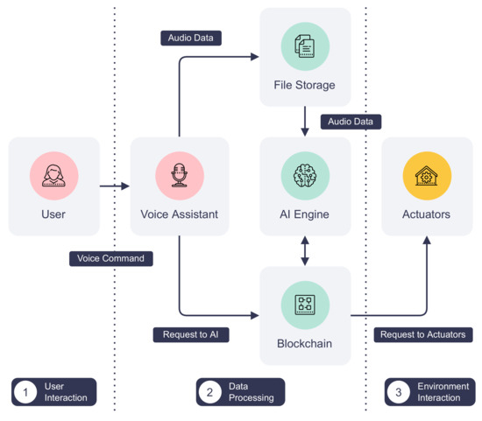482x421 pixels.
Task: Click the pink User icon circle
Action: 53,175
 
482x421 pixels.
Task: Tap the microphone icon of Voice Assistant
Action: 180,175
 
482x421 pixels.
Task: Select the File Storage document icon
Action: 305,46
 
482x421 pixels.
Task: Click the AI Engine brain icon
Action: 305,175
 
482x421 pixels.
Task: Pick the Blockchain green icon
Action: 305,304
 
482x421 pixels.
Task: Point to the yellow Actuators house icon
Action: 427,175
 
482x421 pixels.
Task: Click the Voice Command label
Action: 111,258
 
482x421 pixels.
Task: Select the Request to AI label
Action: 190,334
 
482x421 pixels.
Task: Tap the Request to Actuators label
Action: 424,334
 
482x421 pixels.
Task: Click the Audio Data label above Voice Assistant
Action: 191,38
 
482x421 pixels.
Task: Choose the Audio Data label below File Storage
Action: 351,122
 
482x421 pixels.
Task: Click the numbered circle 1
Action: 25,392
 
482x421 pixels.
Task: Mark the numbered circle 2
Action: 210,392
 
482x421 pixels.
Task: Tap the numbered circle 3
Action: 399,392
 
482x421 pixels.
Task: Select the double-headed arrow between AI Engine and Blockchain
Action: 305,250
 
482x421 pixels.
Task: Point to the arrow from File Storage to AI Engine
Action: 305,121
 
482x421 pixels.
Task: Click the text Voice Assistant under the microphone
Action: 180,214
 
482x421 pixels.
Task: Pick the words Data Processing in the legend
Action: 251,392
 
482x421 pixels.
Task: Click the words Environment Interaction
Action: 443,392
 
